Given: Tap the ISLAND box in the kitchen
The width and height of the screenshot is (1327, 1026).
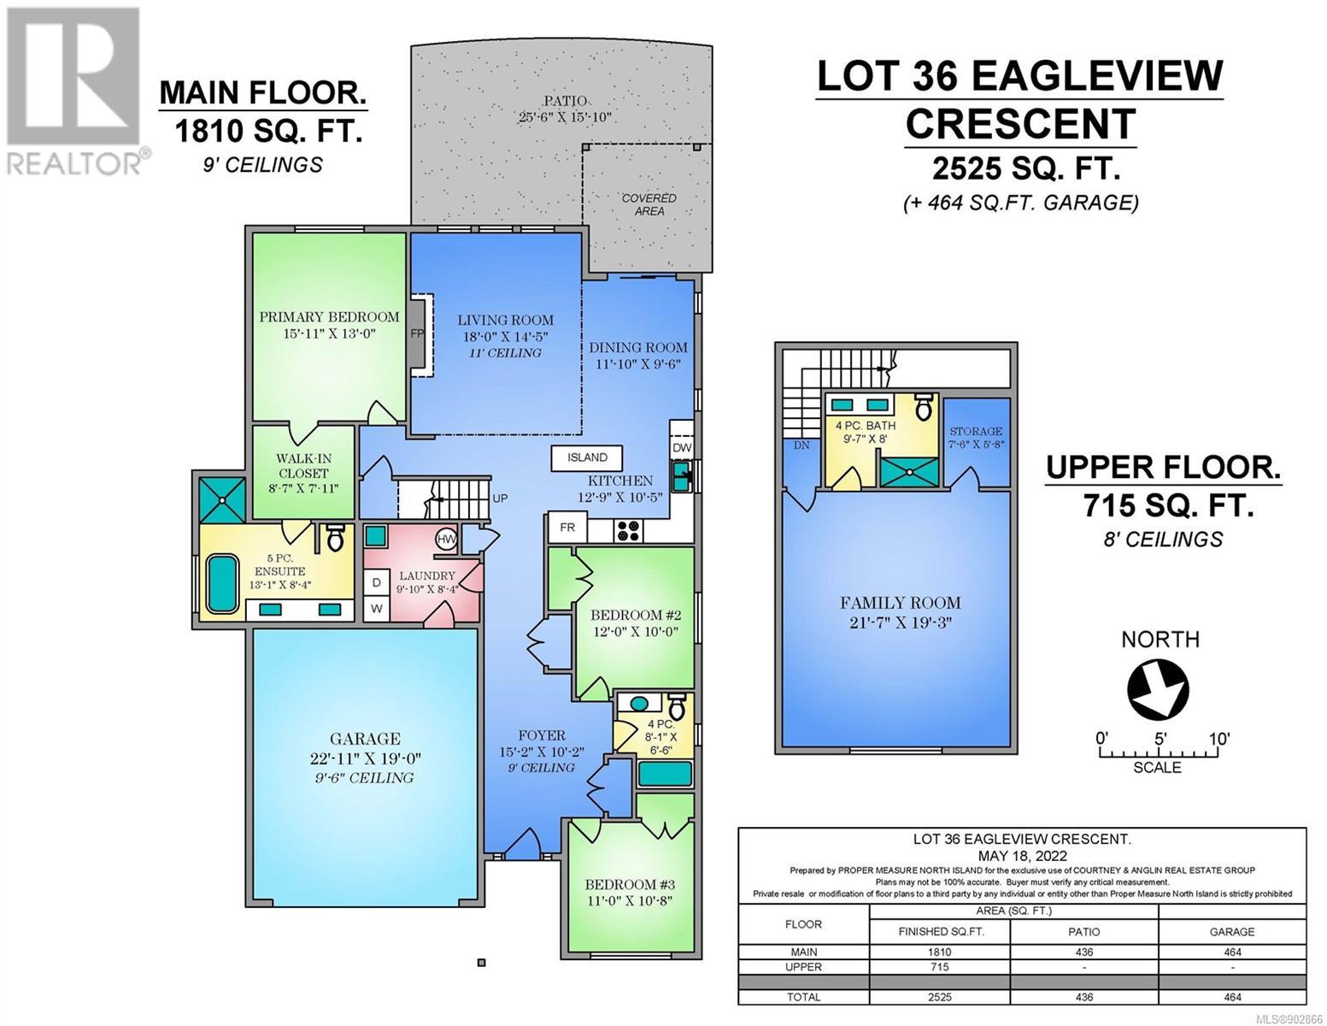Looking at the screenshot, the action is tap(587, 457).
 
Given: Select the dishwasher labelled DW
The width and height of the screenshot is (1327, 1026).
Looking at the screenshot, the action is tap(682, 447).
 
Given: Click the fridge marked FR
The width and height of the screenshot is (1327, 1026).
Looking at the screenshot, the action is tap(567, 528).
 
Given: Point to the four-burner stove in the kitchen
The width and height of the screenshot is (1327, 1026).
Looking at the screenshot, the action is tap(628, 530).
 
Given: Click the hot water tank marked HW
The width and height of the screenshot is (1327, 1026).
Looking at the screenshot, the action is tap(446, 539).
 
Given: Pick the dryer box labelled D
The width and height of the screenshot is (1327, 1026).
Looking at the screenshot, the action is tap(377, 583).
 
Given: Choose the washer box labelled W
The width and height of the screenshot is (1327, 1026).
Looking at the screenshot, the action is tap(377, 609).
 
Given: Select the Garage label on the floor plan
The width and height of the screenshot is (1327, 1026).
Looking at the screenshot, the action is tap(365, 739).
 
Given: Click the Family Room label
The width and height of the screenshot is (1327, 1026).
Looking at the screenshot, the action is tap(900, 603).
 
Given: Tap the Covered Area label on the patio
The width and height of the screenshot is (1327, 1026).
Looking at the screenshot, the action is tap(649, 204).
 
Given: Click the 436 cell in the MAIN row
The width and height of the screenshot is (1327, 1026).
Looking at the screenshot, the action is tap(1084, 952).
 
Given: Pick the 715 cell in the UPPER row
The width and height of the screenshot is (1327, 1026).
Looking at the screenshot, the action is tap(940, 967).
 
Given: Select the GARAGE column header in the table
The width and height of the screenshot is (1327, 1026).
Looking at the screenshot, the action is tap(1232, 932).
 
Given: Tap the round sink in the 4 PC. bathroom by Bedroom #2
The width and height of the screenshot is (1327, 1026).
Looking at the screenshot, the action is tap(638, 703).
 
